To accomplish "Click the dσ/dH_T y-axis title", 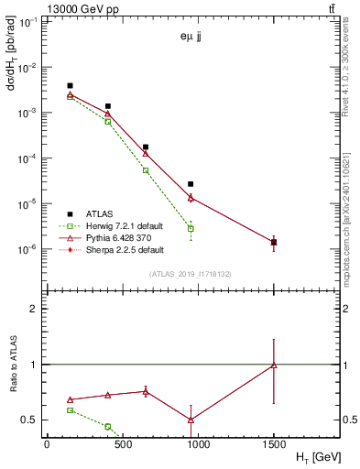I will [x=14, y=56].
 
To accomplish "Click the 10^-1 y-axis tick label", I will [x=29, y=22].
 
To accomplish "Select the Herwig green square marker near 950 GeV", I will [x=191, y=228].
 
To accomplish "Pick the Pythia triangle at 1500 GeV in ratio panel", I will [x=274, y=365].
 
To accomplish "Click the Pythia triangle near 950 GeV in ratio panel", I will [x=191, y=420].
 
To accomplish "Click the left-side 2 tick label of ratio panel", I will [x=35, y=309].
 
